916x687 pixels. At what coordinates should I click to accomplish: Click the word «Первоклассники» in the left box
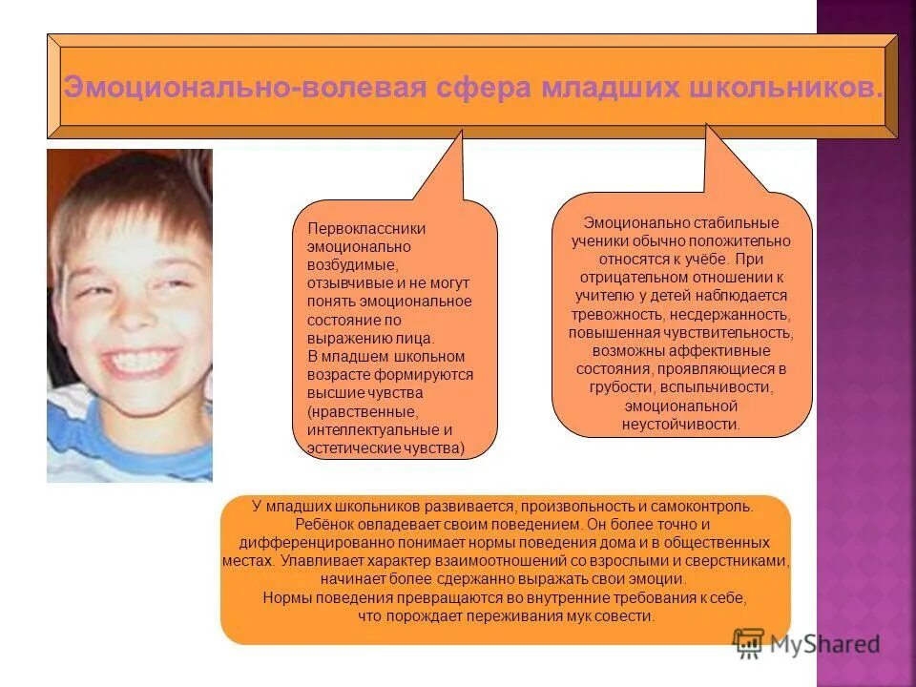coord(366,229)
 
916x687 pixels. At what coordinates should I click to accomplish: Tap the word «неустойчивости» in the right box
coord(681,425)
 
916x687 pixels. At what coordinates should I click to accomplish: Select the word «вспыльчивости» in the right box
coord(731,388)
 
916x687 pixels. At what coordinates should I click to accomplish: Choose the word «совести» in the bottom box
coord(630,616)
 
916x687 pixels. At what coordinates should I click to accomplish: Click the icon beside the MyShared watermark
coord(749,641)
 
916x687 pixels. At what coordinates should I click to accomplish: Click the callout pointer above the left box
coord(448,172)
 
